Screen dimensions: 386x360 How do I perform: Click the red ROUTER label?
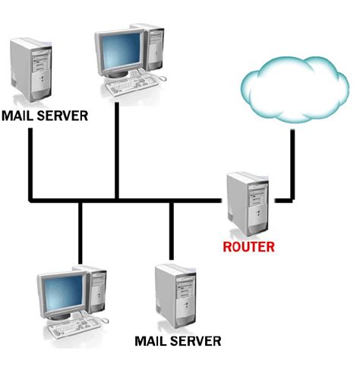coord(248,247)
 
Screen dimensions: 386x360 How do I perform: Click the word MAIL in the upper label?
coord(17,117)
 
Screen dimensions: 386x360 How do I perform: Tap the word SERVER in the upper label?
coord(62,117)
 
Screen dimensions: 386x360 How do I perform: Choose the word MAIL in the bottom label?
coord(149,340)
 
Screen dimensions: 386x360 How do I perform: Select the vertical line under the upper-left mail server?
coord(30,163)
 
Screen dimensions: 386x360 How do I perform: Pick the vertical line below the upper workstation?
coord(116,148)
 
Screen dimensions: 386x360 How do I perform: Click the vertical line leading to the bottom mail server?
coord(172,232)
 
